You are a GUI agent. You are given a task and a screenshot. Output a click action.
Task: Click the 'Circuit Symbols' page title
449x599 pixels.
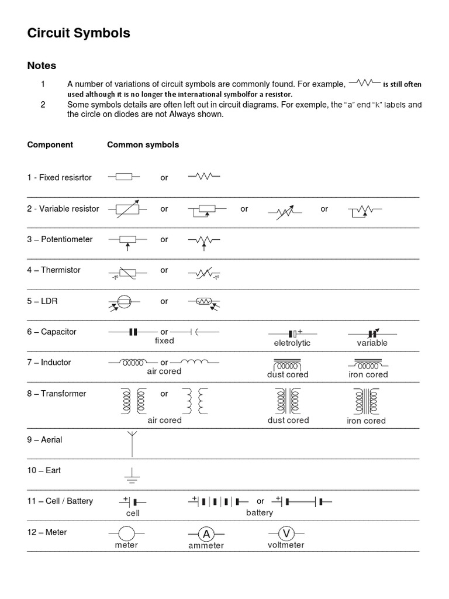pyautogui.click(x=78, y=34)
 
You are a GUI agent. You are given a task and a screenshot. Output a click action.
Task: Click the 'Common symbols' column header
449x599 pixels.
pyautogui.click(x=143, y=144)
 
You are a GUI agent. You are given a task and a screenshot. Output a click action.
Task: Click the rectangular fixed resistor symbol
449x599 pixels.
pyautogui.click(x=123, y=177)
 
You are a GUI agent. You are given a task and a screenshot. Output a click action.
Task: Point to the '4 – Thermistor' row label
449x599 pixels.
pyautogui.click(x=54, y=270)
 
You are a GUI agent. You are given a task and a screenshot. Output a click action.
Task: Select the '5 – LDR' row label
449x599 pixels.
pyautogui.click(x=42, y=301)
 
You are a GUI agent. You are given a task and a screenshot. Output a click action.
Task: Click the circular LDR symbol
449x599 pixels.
pyautogui.click(x=123, y=302)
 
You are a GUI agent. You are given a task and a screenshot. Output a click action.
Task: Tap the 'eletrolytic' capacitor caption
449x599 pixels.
pyautogui.click(x=292, y=343)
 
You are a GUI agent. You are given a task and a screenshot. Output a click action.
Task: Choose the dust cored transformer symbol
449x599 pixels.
pyautogui.click(x=288, y=401)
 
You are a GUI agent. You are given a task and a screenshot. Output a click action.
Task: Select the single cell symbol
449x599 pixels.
pyautogui.click(x=133, y=502)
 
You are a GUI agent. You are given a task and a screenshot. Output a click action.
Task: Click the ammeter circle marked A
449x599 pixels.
pyautogui.click(x=205, y=533)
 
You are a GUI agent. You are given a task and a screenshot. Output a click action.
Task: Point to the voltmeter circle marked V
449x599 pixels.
pyautogui.click(x=286, y=533)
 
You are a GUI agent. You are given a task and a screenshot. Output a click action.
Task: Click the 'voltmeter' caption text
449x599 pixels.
pyautogui.click(x=286, y=545)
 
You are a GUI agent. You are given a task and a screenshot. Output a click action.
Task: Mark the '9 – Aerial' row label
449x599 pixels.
pyautogui.click(x=44, y=440)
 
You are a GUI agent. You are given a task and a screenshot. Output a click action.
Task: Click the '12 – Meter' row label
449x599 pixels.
pyautogui.click(x=47, y=532)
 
